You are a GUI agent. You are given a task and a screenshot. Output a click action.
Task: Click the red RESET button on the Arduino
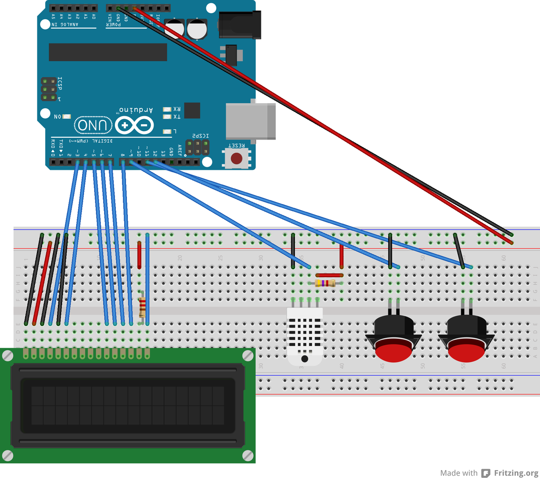[x=237, y=158]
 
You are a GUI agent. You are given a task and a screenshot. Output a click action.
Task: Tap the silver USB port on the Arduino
[x=250, y=121]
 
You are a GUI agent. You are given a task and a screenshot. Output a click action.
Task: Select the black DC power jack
[x=240, y=24]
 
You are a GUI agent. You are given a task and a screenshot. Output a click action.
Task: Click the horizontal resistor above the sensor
[x=325, y=283]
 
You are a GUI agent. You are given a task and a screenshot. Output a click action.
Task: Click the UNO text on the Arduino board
[x=93, y=125]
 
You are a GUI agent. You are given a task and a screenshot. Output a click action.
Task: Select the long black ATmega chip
[x=108, y=52]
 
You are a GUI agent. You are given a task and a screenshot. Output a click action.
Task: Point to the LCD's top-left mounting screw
[x=7, y=356]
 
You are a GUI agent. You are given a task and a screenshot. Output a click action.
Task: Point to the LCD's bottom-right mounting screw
[x=247, y=455]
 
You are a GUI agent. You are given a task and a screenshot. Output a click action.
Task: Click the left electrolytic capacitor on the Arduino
[x=175, y=28]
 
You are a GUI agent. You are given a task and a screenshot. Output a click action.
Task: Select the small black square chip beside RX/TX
[x=192, y=111]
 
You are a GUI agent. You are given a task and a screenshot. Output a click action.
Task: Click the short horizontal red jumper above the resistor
[x=330, y=275]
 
